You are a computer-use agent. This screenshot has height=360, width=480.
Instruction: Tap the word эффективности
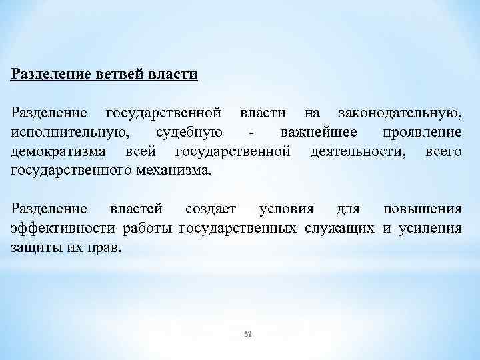coord(63,229)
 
